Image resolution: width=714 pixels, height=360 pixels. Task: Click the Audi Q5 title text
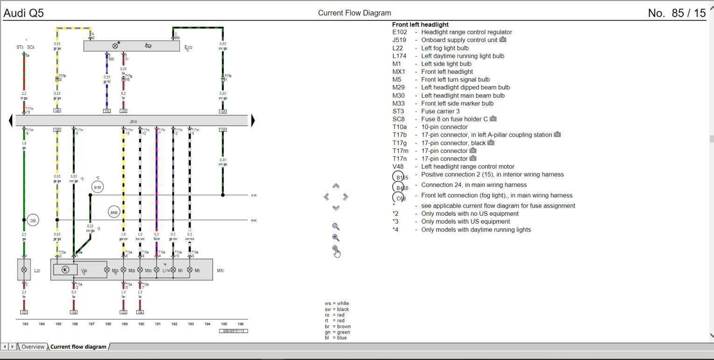(x=24, y=13)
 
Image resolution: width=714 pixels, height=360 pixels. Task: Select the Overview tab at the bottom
(x=33, y=347)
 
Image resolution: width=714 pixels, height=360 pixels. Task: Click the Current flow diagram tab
(x=78, y=347)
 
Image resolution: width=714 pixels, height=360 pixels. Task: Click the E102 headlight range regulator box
(x=131, y=46)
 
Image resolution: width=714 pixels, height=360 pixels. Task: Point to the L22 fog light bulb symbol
(x=24, y=270)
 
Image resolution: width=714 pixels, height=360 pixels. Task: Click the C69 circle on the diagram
(x=33, y=220)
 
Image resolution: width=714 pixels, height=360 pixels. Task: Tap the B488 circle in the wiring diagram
(x=114, y=212)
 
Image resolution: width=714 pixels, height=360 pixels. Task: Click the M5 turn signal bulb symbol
(x=190, y=270)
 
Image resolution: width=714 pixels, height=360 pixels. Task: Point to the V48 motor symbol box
(x=65, y=270)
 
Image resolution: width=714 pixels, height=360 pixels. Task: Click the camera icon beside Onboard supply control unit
(x=503, y=40)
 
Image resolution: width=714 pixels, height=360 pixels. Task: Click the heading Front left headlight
(x=420, y=25)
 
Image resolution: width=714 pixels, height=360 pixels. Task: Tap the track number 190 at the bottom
(x=141, y=324)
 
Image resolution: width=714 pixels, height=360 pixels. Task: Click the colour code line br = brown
(x=338, y=326)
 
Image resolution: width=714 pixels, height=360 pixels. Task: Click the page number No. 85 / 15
(x=677, y=13)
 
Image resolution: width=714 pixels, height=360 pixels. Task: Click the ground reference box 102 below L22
(x=24, y=312)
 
